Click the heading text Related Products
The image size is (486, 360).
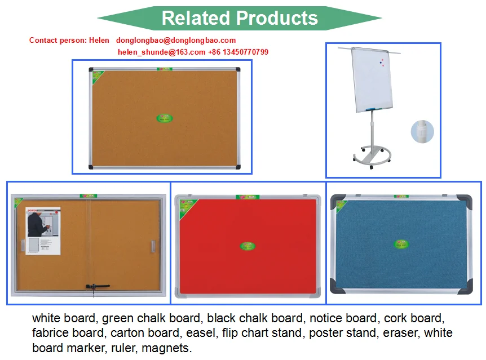pos(240,18)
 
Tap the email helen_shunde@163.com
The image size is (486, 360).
pos(162,52)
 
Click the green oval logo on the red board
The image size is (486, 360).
pos(247,246)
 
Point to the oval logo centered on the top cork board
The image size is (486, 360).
pos(164,118)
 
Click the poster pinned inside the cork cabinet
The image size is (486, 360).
pos(43,231)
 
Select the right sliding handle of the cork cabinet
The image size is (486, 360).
pos(152,246)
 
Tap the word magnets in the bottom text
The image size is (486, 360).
pos(166,348)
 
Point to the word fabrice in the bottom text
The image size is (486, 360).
pos(52,333)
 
